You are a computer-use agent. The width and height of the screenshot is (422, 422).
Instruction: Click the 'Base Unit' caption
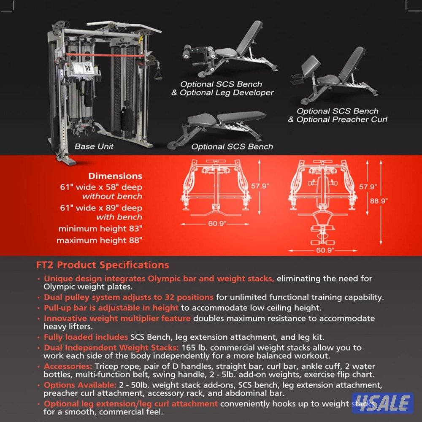[x=94, y=146]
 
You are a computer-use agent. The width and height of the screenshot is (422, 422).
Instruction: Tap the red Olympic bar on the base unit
[x=105, y=55]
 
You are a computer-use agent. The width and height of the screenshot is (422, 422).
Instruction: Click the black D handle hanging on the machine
[x=157, y=71]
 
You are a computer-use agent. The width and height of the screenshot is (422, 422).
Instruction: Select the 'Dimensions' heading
[x=115, y=176]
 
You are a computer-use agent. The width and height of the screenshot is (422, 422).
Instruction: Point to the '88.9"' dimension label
[x=379, y=201]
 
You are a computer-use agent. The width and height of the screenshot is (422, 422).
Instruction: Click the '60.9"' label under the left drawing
[x=217, y=223]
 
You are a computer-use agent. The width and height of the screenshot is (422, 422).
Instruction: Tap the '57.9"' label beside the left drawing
[x=260, y=186]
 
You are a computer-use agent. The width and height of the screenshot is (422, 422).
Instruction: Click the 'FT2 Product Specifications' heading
[x=103, y=265]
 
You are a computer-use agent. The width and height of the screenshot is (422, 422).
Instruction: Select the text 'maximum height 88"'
[x=99, y=240]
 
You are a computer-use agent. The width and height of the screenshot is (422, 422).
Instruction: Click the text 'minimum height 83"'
[x=100, y=228]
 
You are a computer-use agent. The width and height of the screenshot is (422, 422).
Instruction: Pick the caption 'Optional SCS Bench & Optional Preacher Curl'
[x=338, y=115]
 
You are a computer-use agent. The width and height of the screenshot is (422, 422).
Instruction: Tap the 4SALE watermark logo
[x=383, y=403]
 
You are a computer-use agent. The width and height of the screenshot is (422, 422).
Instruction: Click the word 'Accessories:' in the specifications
[x=68, y=366]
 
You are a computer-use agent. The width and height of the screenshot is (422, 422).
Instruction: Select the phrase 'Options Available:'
[x=80, y=385]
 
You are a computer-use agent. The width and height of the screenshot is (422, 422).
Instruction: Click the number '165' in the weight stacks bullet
[x=188, y=347]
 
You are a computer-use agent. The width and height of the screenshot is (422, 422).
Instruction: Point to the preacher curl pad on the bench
[x=311, y=64]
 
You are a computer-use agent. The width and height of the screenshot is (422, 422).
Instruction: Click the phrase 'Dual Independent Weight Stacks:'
[x=111, y=347]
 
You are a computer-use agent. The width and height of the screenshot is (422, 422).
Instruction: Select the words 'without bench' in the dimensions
[x=112, y=196]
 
